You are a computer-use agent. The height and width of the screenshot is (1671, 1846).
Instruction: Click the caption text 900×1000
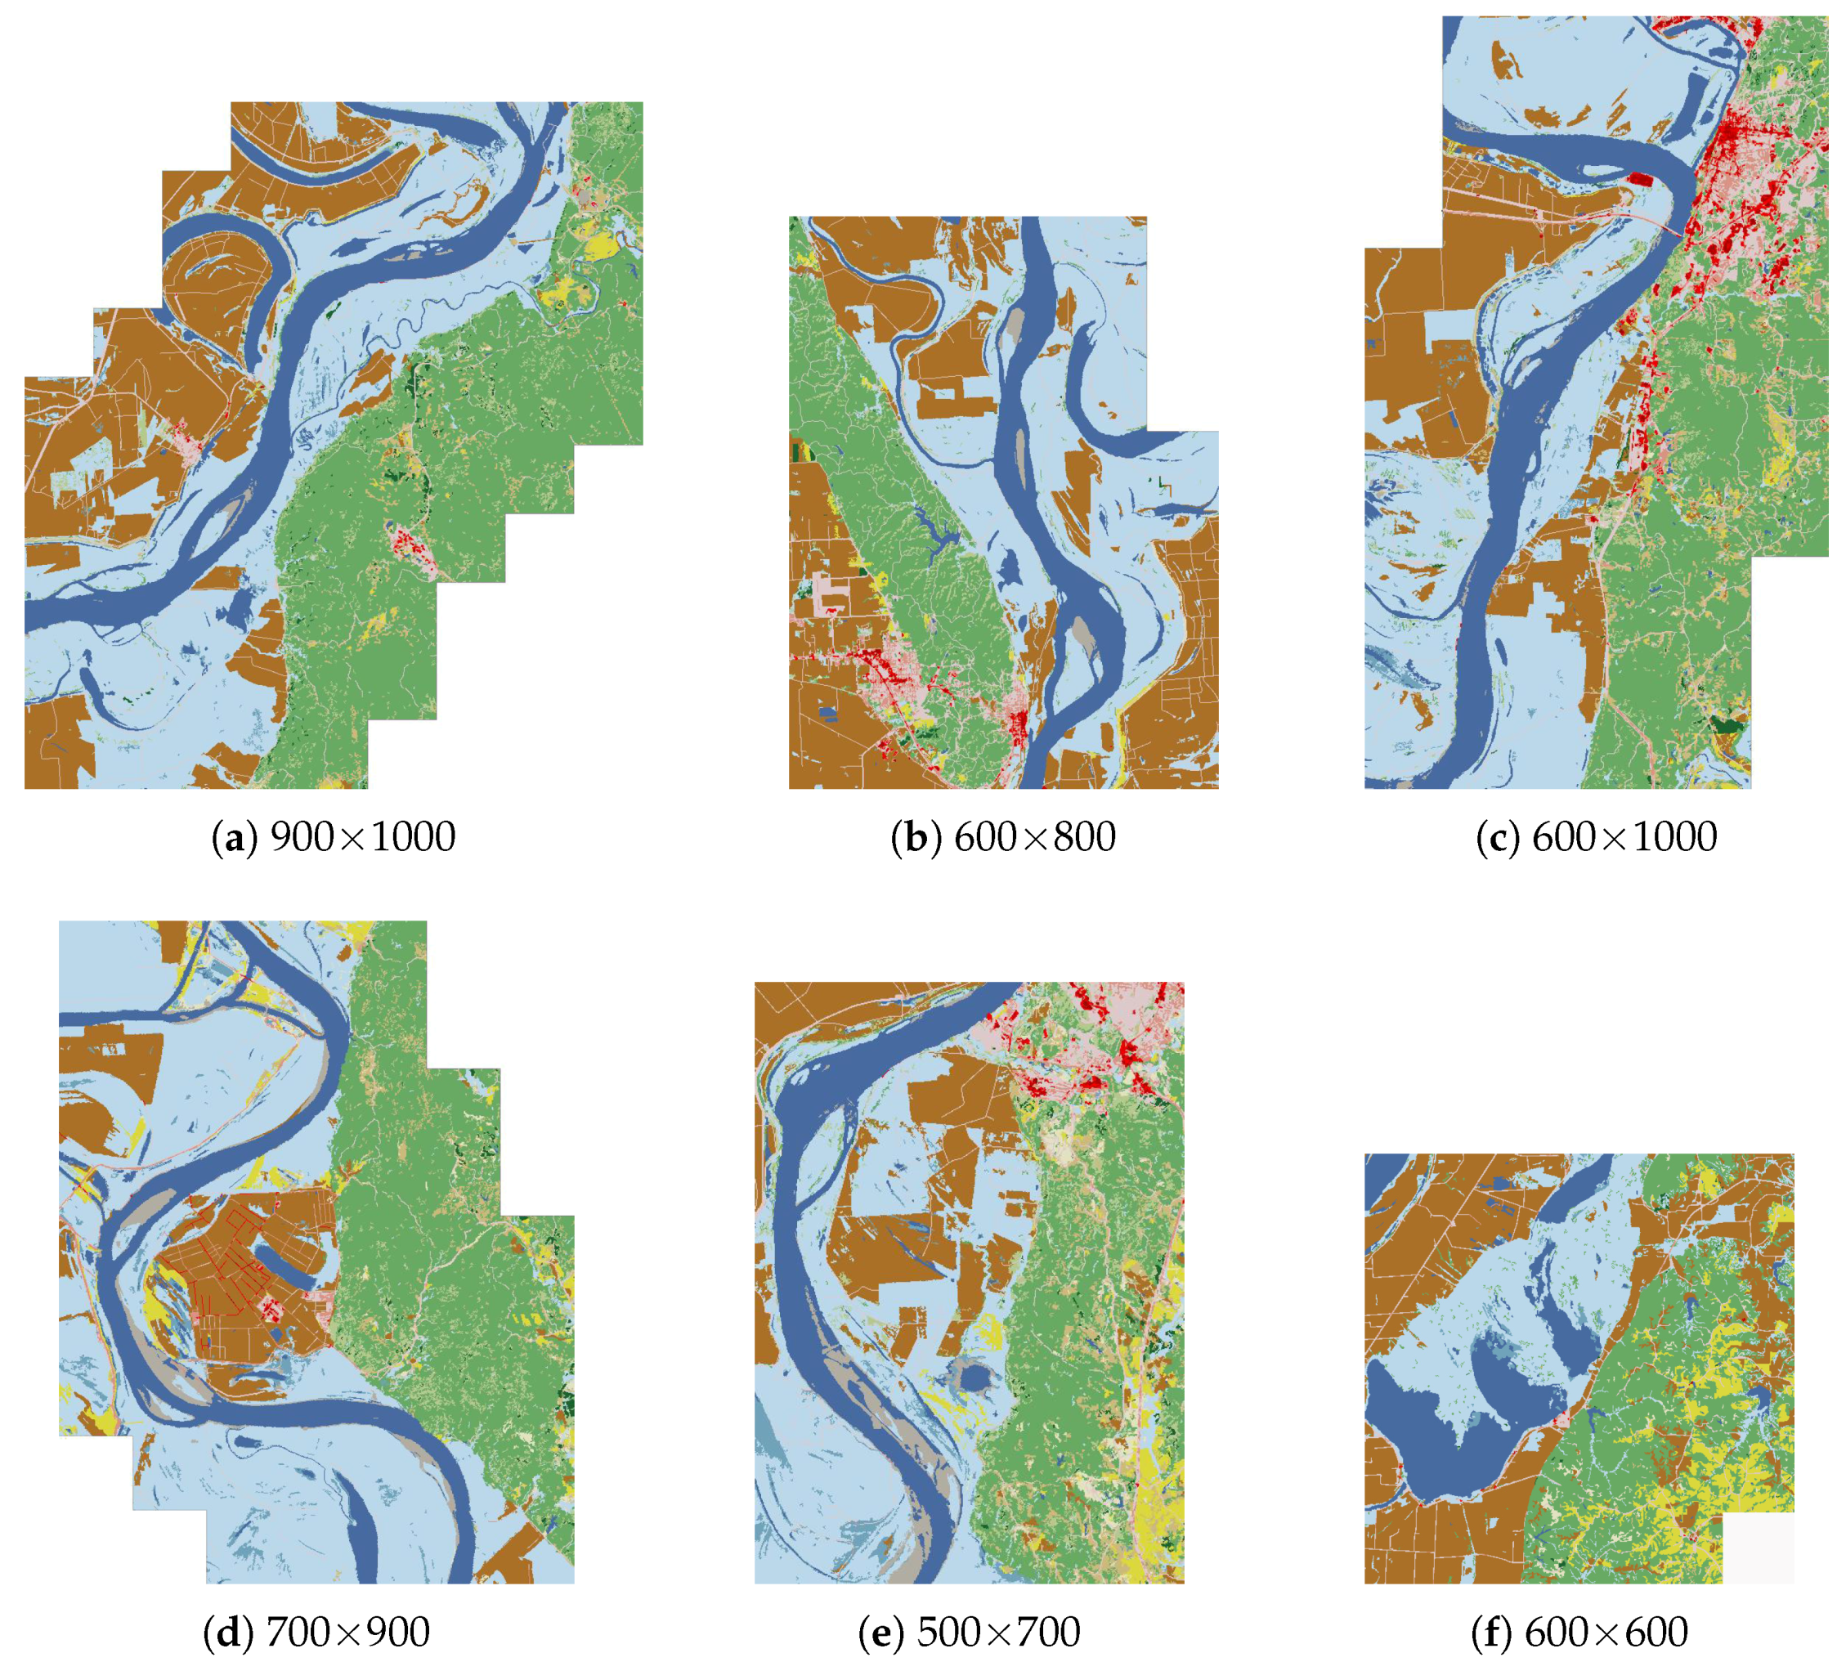pyautogui.click(x=363, y=838)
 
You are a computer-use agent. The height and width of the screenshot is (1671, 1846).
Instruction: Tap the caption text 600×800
pyautogui.click(x=1035, y=838)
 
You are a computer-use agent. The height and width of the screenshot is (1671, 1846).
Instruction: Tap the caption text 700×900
pyautogui.click(x=348, y=1633)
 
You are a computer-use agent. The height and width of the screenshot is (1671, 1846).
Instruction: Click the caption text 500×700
pyautogui.click(x=998, y=1633)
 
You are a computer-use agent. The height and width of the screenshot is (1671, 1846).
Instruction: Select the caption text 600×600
pyautogui.click(x=1606, y=1633)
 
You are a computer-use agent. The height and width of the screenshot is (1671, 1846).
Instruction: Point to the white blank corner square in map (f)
pyautogui.click(x=1758, y=1548)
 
